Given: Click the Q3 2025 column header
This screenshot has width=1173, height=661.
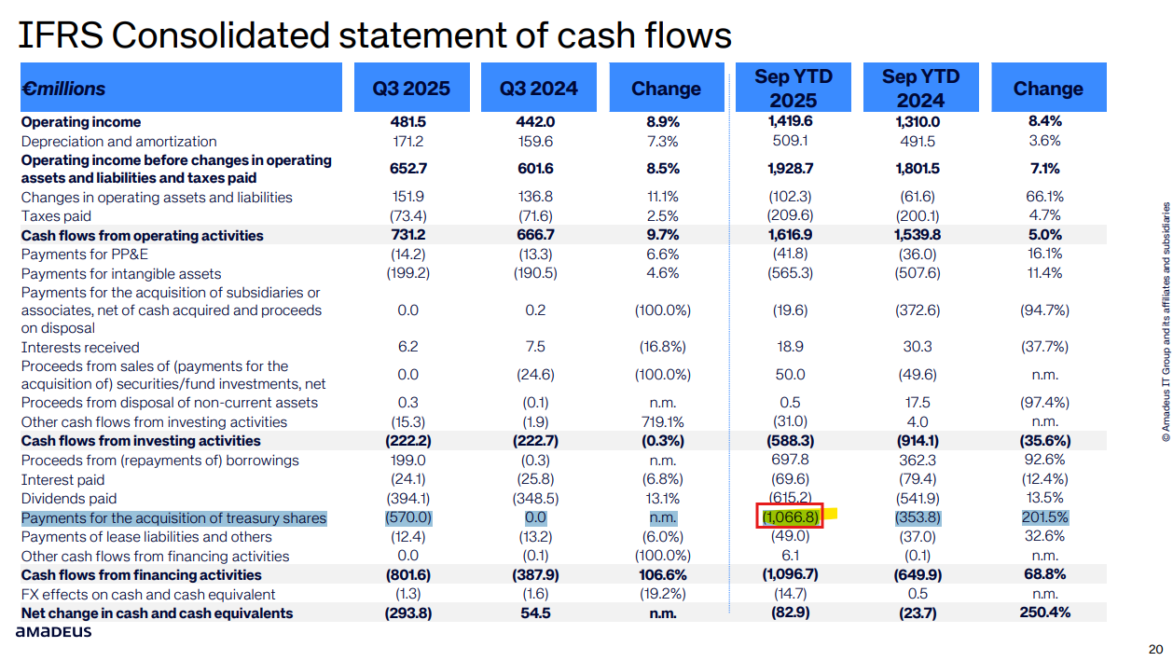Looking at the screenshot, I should (411, 89).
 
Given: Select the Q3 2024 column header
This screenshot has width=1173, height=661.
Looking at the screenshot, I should (538, 89).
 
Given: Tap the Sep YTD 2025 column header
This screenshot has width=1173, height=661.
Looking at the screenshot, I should (793, 89).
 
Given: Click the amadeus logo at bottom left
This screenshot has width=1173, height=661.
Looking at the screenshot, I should (53, 632).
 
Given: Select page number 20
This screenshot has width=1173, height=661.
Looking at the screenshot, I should (1155, 649).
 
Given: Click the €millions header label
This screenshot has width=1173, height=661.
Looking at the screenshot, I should (63, 89).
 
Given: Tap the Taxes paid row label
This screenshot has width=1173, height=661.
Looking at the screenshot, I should (56, 216).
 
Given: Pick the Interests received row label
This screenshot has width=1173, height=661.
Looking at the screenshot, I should (81, 347).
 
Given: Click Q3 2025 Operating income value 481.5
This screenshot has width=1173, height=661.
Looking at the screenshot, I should (408, 122).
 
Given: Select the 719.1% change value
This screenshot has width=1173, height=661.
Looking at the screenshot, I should (665, 421).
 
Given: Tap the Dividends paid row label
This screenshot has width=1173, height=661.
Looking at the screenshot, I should (69, 499).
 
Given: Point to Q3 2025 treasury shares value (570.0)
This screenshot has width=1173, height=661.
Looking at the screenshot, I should (408, 517).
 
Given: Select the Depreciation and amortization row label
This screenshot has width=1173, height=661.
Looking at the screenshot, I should (118, 141).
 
